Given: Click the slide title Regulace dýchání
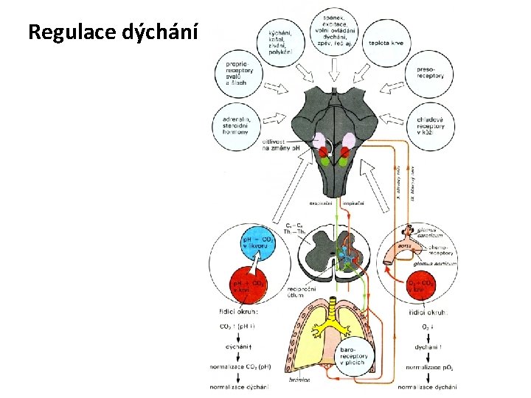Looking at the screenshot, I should coord(113,32).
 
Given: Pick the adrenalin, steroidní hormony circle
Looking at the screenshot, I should coord(238,126).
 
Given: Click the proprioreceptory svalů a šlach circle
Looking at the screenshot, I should coord(239,74).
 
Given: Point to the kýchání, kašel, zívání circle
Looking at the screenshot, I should coord(280,42).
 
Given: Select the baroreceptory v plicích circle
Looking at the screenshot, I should coord(353,355).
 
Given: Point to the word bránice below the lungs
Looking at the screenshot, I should coord(300,380).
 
